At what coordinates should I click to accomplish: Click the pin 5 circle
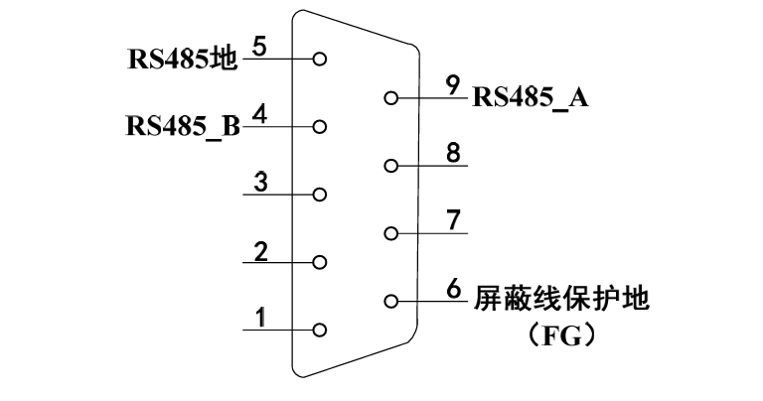coord(319,59)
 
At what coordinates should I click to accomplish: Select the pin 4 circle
coord(319,127)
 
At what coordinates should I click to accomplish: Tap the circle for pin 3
coord(319,195)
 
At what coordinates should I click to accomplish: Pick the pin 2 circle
coord(319,263)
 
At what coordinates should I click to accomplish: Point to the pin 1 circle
coord(319,331)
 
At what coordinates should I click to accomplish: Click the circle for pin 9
coord(391,98)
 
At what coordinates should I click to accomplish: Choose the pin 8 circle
coord(391,166)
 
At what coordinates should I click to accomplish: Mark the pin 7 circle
coord(391,233)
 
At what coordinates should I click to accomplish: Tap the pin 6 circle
coord(391,301)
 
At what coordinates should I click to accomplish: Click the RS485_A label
coord(531,97)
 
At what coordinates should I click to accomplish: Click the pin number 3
coord(260,183)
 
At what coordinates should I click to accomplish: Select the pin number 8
coord(453,153)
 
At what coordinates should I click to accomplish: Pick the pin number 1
coord(260,319)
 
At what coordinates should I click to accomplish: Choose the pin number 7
coord(453,220)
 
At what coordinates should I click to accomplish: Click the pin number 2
coord(260,251)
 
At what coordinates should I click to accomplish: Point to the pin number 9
coord(453,85)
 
